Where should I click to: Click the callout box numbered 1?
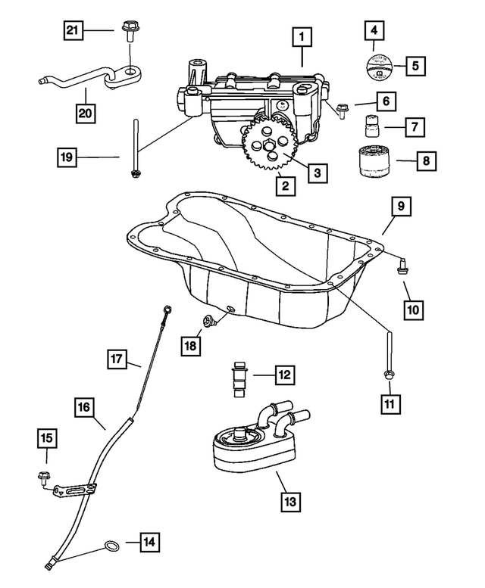pyautogui.click(x=302, y=36)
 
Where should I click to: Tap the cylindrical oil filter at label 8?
pyautogui.click(x=373, y=161)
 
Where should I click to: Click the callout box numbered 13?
pyautogui.click(x=289, y=500)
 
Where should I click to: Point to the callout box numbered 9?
pyautogui.click(x=402, y=206)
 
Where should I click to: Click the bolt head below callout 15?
pyautogui.click(x=43, y=477)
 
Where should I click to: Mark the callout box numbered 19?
pyautogui.click(x=69, y=157)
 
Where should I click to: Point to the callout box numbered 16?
pyautogui.click(x=84, y=409)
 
